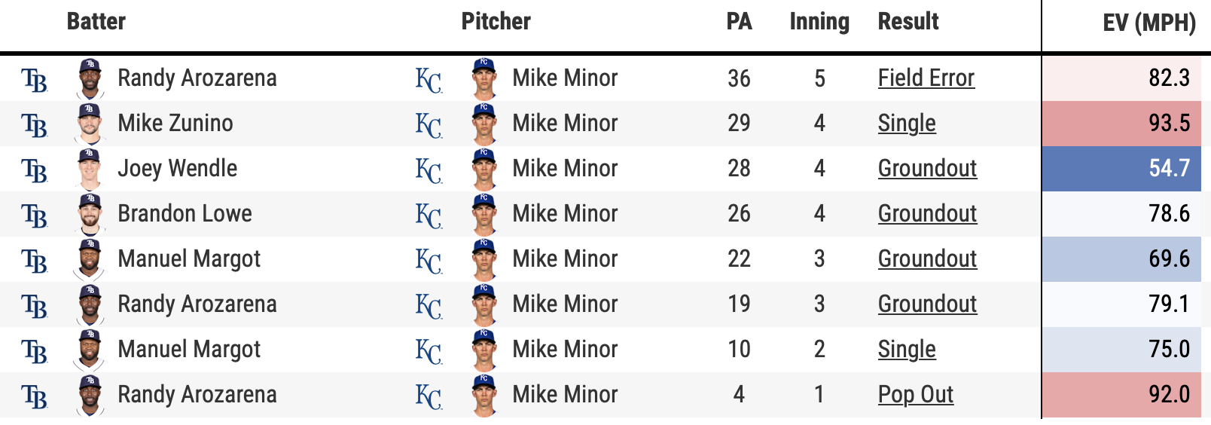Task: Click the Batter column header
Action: (96, 22)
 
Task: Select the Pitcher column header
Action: (496, 22)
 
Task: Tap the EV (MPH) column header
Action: (1148, 23)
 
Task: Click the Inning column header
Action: (819, 22)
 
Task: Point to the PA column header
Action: (739, 22)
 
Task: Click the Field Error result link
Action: (926, 78)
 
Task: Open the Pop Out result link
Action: (915, 395)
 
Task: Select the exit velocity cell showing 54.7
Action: (1169, 168)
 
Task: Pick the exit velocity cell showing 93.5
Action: (1169, 123)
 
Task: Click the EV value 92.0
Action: (1169, 394)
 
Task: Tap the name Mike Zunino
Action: (175, 124)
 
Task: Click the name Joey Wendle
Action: (177, 169)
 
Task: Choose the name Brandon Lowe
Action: (185, 214)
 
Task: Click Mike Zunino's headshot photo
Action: (90, 124)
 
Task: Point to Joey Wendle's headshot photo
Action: (90, 169)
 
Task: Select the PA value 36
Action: (739, 78)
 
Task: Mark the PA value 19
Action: (739, 304)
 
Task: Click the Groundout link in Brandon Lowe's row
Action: (927, 214)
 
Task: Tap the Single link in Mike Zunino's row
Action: (907, 124)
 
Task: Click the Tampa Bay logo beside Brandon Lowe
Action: (35, 216)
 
